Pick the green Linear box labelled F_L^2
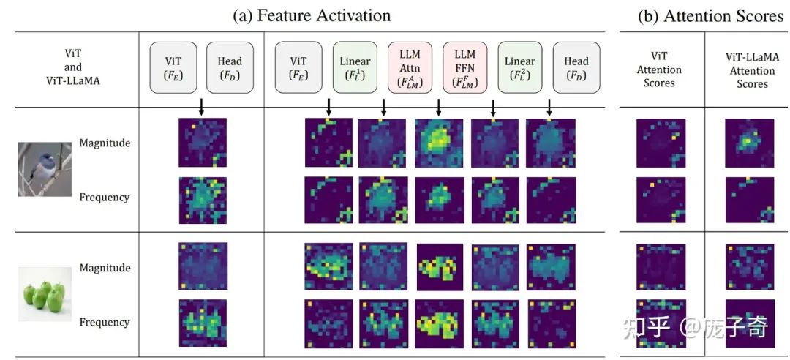point(520,67)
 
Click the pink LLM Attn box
point(410,67)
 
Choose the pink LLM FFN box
point(464,67)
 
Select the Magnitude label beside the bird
point(105,143)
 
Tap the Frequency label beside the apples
point(105,322)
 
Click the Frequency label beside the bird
point(105,197)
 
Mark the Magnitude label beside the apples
point(105,268)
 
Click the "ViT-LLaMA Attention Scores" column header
point(751,70)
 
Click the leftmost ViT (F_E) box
point(173,67)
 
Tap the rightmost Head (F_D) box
point(576,67)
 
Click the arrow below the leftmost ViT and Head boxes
point(202,106)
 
